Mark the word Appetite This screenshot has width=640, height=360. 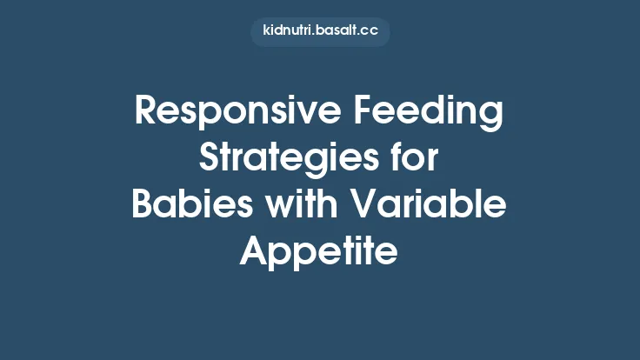pyautogui.click(x=319, y=252)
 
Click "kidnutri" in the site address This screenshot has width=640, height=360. pyautogui.click(x=290, y=31)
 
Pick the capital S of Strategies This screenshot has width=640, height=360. pyautogui.click(x=210, y=160)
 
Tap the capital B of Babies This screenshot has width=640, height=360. pyautogui.click(x=143, y=206)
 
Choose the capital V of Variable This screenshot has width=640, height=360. pyautogui.click(x=373, y=206)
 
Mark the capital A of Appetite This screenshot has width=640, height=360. pyautogui.click(x=253, y=252)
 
